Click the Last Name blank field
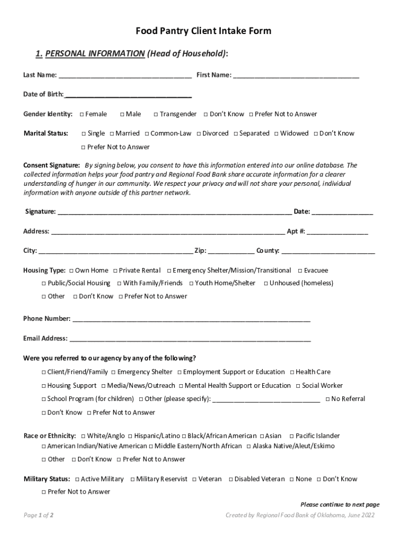pyautogui.click(x=125, y=75)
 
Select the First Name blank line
pyautogui.click(x=296, y=75)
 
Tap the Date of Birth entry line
pyautogui.click(x=128, y=95)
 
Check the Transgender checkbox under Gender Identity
pyautogui.click(x=155, y=115)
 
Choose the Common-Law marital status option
pyautogui.click(x=147, y=133)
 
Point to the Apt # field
pyautogui.click(x=338, y=231)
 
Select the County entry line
pyautogui.click(x=328, y=251)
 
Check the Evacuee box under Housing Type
pyautogui.click(x=300, y=271)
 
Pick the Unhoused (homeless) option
pyautogui.click(x=266, y=284)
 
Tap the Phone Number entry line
pyautogui.click(x=191, y=319)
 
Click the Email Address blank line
pyautogui.click(x=190, y=339)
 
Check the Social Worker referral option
pyautogui.click(x=298, y=386)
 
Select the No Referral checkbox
pyautogui.click(x=328, y=399)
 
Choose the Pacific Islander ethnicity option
pyautogui.click(x=292, y=436)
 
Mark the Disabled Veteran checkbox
pyautogui.click(x=230, y=479)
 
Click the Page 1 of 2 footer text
pyautogui.click(x=39, y=516)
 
